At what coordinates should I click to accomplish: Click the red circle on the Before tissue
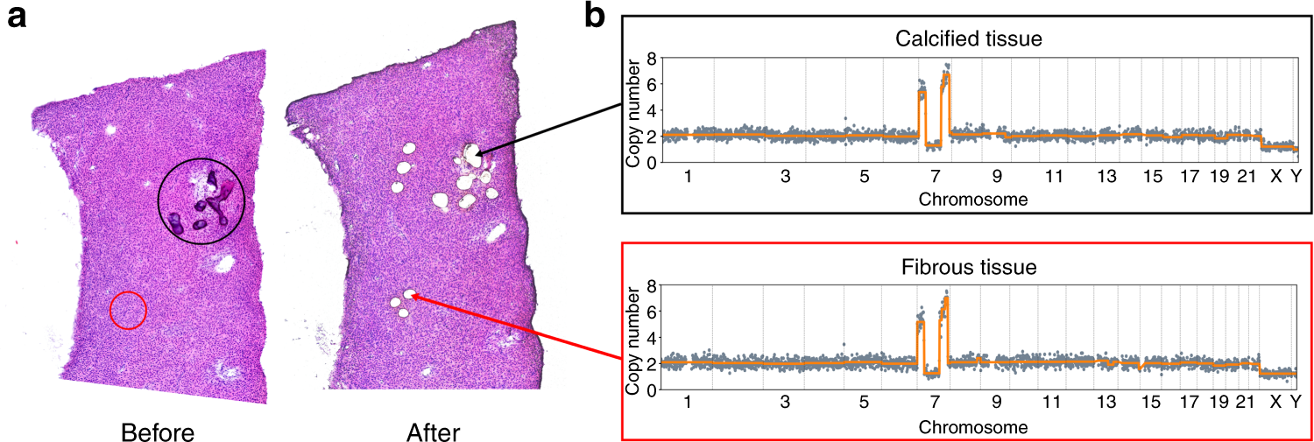[128, 311]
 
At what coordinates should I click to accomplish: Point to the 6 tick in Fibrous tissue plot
[651, 312]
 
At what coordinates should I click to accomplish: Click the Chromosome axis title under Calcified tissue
[973, 199]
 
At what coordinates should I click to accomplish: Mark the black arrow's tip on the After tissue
[477, 154]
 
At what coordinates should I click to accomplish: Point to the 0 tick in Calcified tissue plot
[651, 162]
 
